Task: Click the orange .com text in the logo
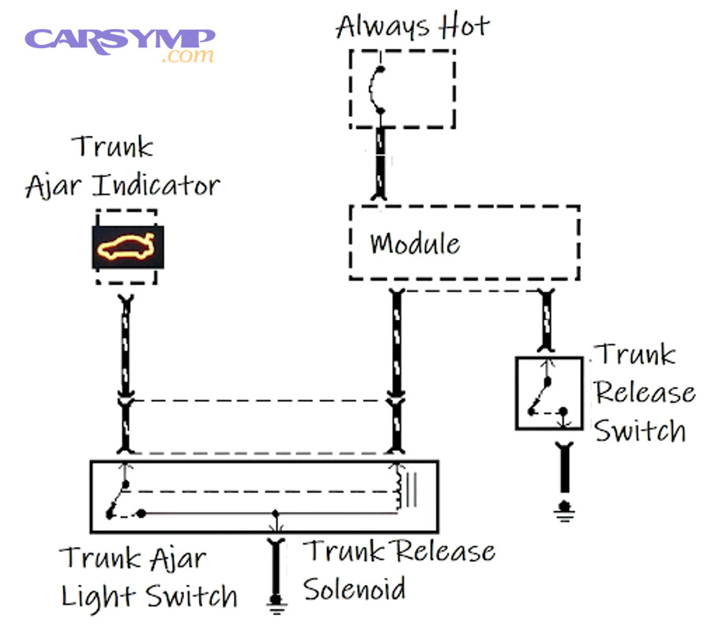click(x=187, y=56)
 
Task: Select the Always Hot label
click(x=412, y=26)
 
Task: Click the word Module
click(x=415, y=243)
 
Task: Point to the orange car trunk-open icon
click(x=127, y=247)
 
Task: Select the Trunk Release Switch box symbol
click(x=550, y=393)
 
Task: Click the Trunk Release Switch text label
click(x=644, y=393)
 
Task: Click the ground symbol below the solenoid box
click(x=276, y=605)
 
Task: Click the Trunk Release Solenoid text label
click(x=399, y=569)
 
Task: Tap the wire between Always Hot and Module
click(x=381, y=164)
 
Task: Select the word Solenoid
click(x=355, y=589)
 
